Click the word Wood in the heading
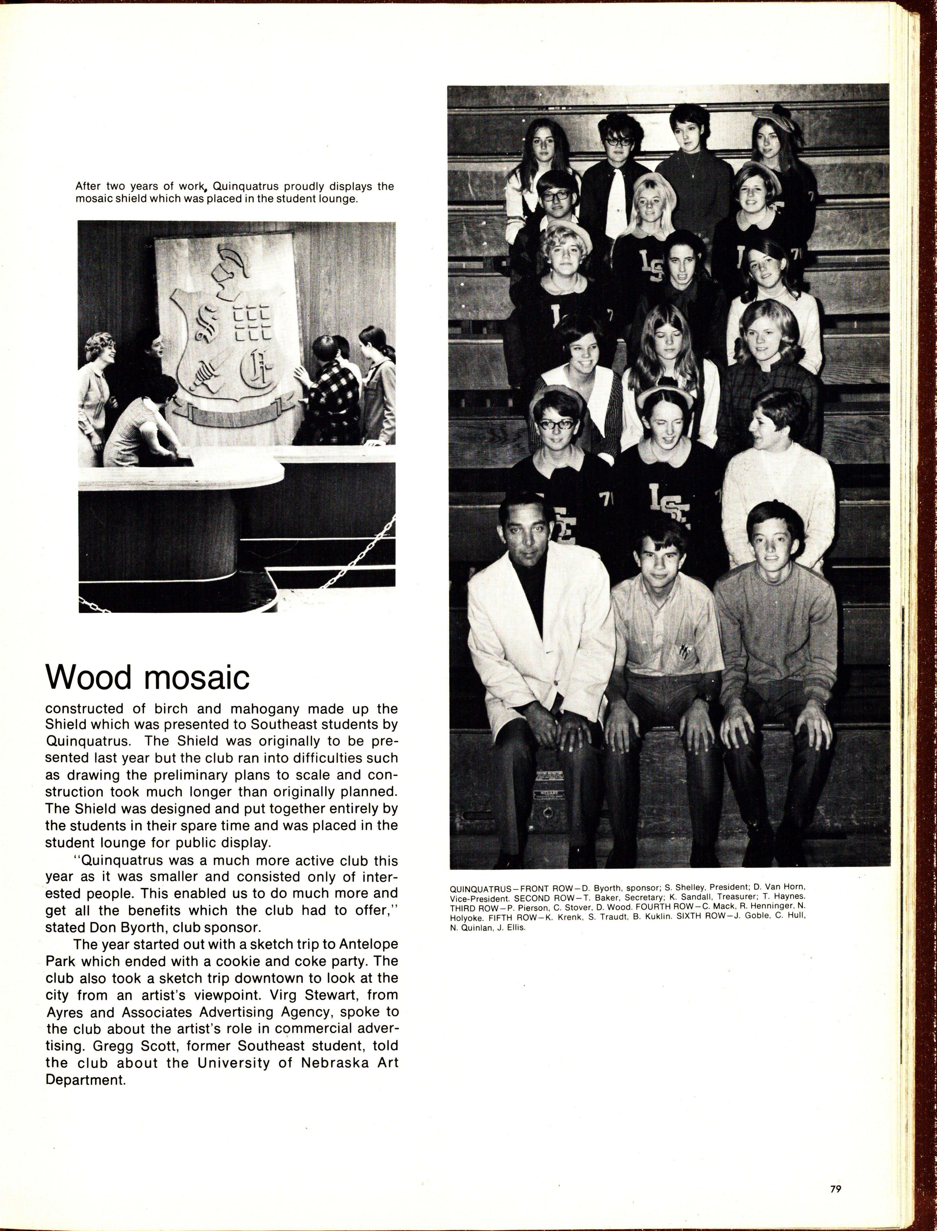[x=88, y=677]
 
